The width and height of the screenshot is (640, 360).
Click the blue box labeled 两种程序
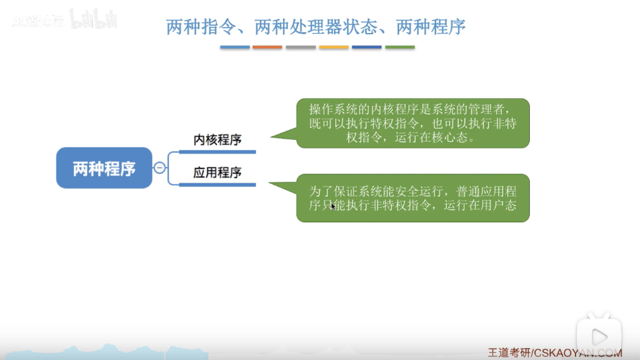(x=104, y=168)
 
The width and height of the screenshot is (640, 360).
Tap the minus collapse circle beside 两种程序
(x=160, y=167)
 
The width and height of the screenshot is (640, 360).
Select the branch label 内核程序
(x=217, y=140)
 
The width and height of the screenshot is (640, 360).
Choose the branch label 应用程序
(x=217, y=173)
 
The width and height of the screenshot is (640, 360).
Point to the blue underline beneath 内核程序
(x=217, y=152)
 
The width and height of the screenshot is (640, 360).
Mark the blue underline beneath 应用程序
(x=217, y=185)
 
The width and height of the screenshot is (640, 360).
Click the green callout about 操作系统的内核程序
(x=412, y=123)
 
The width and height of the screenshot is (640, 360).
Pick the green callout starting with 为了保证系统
(x=412, y=198)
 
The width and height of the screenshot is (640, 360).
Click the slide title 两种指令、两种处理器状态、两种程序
(x=315, y=27)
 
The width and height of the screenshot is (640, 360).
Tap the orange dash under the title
(x=267, y=47)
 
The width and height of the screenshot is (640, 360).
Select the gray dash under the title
(x=301, y=47)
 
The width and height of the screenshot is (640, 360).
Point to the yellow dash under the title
(x=334, y=47)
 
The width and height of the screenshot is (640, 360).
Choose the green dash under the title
(x=400, y=47)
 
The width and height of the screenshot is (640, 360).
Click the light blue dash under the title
(x=235, y=47)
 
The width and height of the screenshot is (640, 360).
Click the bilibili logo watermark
(x=94, y=19)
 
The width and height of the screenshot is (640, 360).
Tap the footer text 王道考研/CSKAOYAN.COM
(x=555, y=353)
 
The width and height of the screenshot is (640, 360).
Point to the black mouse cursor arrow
(x=333, y=206)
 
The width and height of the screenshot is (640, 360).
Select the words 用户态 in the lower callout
(x=499, y=204)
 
